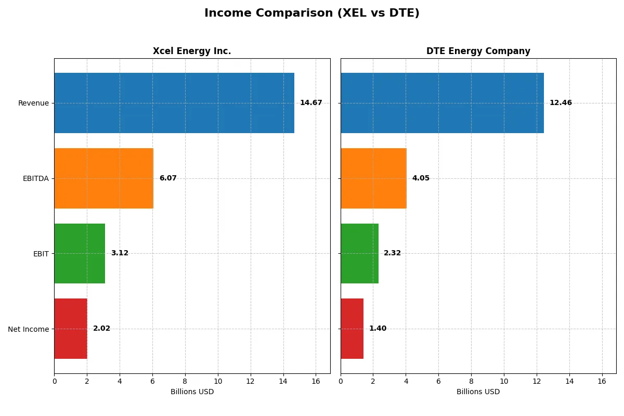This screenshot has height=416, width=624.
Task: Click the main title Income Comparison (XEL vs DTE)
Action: [311, 13]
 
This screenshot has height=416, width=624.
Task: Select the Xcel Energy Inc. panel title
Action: [192, 51]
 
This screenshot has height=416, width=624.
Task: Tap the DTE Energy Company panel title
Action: [478, 51]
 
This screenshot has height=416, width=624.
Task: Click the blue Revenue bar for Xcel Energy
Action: [174, 103]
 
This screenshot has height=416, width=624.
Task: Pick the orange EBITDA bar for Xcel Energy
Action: [104, 178]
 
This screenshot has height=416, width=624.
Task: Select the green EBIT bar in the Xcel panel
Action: [80, 253]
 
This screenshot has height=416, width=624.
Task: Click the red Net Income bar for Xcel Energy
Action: [71, 329]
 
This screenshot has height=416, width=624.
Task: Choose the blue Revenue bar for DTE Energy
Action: [442, 103]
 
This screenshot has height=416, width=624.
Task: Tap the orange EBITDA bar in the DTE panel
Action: [373, 178]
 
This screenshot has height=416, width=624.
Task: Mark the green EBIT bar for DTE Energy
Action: [359, 253]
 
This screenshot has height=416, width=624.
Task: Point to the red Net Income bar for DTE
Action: [352, 329]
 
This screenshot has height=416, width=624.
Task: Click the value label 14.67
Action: [311, 103]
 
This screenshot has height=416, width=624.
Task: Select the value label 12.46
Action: [561, 103]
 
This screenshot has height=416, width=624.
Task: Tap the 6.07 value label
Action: [168, 178]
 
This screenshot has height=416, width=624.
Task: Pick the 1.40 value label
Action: [378, 329]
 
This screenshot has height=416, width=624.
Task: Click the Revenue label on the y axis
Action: [33, 103]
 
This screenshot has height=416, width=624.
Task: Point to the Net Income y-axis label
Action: [29, 329]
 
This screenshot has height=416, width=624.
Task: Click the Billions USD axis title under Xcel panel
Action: [192, 392]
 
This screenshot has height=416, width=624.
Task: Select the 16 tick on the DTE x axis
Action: [602, 381]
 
